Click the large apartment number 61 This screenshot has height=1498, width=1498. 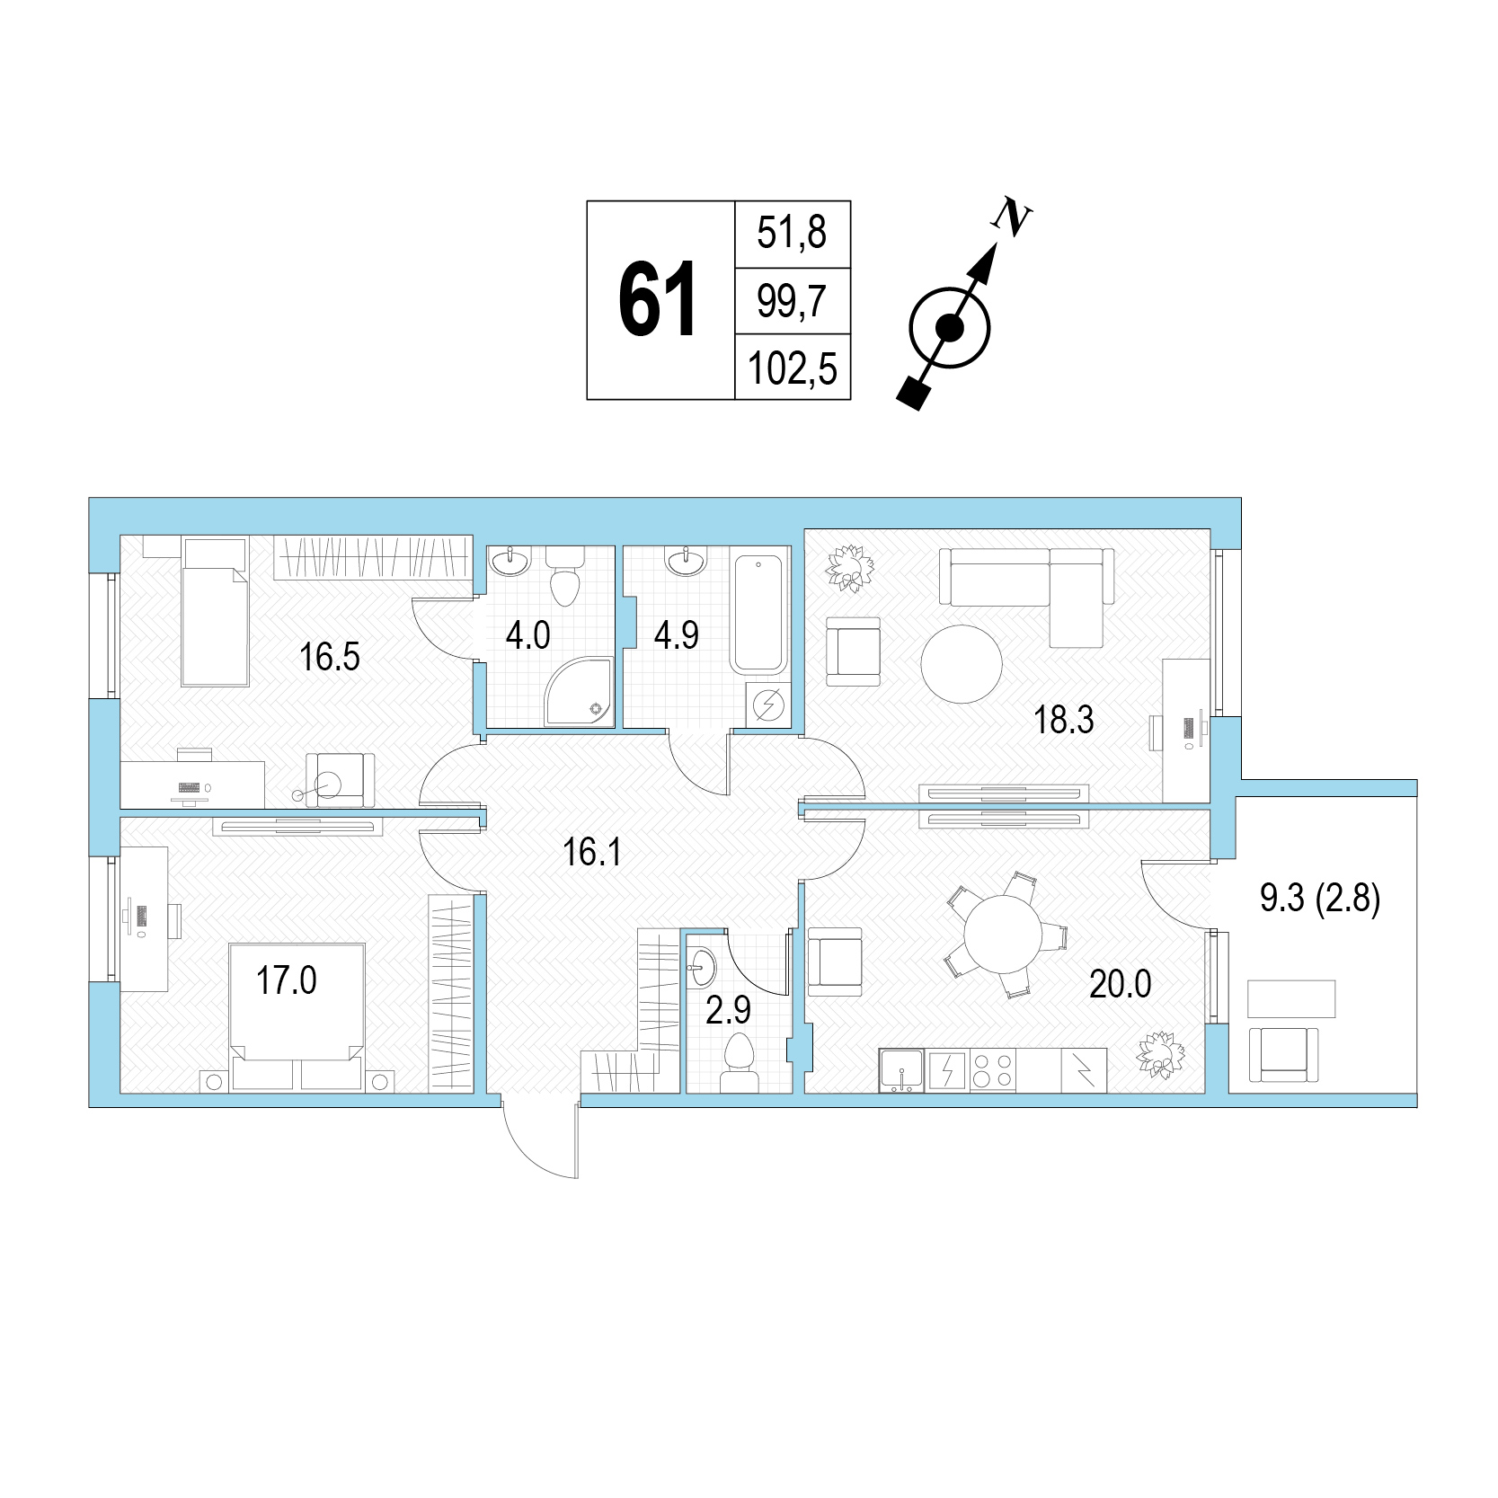[x=659, y=300]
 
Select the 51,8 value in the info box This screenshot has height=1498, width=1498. [x=791, y=234]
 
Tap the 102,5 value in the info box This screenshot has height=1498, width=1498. [x=793, y=368]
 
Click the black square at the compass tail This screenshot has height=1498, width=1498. [x=914, y=394]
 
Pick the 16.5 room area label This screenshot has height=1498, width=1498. [x=330, y=657]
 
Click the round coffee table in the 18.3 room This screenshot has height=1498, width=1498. [x=962, y=665]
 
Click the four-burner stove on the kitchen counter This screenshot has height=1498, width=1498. [x=993, y=1071]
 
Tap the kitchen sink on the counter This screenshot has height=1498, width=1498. [x=901, y=1071]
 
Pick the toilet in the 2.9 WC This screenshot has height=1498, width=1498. [x=738, y=1060]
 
